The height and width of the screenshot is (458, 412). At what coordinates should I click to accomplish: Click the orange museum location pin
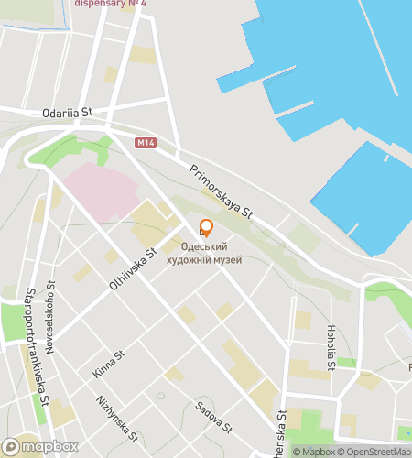(206, 229)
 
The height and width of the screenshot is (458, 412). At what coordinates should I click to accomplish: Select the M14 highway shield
(145, 143)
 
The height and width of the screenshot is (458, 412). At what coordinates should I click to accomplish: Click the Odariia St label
(68, 113)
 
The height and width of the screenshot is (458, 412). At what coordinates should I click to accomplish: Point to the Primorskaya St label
(221, 191)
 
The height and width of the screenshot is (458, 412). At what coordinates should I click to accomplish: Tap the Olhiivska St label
(134, 269)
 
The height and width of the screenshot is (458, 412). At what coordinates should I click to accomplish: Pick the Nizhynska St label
(116, 418)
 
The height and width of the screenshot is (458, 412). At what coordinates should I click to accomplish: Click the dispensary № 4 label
(110, 4)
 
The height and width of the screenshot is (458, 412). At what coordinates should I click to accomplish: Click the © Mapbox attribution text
(315, 451)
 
